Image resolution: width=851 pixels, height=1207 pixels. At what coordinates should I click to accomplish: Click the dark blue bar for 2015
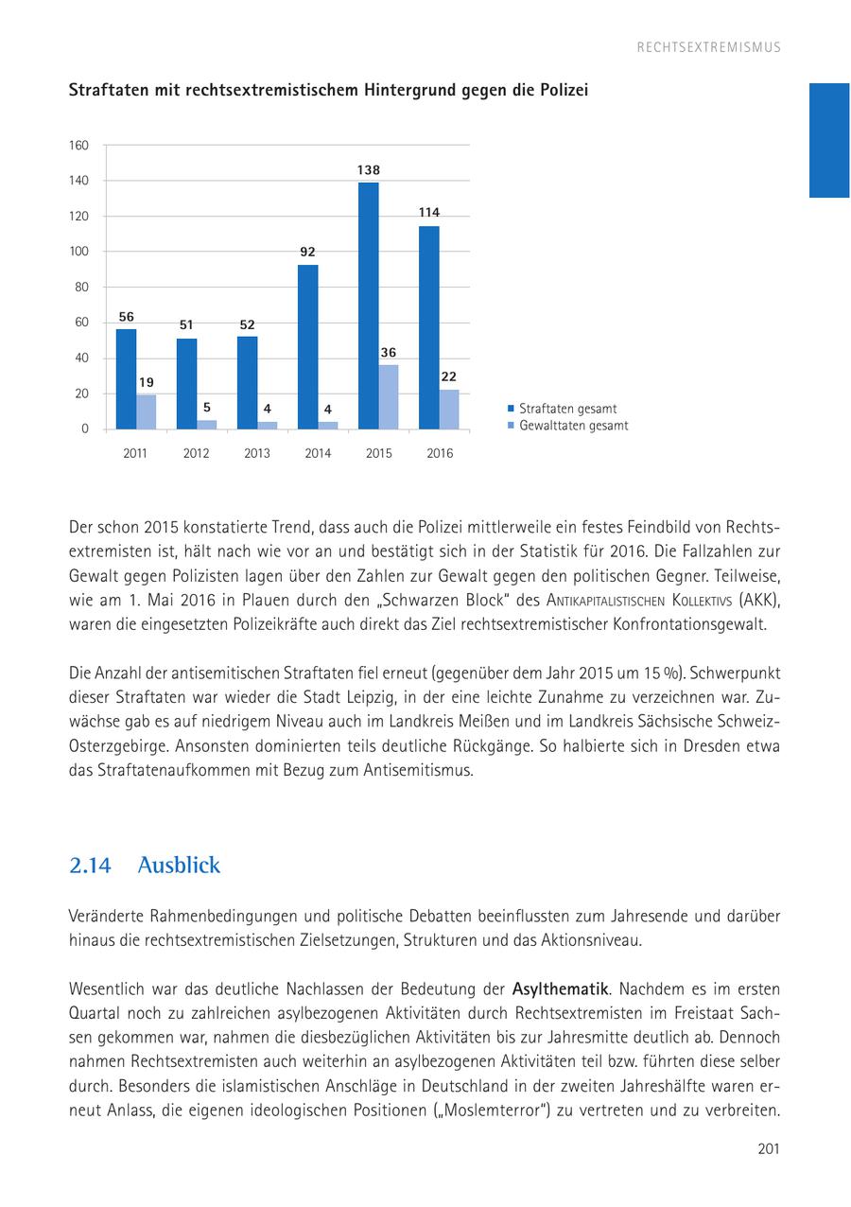click(x=368, y=305)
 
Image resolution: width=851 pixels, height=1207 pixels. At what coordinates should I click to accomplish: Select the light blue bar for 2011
click(x=146, y=411)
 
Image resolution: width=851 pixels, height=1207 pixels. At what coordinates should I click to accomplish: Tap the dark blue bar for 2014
click(x=307, y=346)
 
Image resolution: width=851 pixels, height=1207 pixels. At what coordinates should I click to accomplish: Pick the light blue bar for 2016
click(x=449, y=409)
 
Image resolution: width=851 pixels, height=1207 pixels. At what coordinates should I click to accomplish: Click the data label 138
click(x=369, y=170)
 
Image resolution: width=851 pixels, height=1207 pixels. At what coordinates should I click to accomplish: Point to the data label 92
click(x=308, y=253)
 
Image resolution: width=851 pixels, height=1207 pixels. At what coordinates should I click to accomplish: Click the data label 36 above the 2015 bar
click(x=388, y=353)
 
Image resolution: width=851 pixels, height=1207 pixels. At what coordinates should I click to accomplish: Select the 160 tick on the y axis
click(x=78, y=146)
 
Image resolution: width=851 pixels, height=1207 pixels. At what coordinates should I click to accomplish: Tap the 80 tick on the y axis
click(x=81, y=288)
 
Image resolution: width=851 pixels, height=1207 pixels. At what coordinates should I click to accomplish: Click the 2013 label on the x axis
click(x=256, y=454)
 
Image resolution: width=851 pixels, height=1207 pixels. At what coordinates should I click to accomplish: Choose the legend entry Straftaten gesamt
click(x=567, y=409)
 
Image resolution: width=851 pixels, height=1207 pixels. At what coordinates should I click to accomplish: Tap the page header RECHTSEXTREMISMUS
click(x=708, y=47)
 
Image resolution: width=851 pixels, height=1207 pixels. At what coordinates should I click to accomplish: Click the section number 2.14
click(x=90, y=866)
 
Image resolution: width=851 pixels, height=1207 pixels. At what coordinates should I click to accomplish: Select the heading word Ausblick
click(x=179, y=866)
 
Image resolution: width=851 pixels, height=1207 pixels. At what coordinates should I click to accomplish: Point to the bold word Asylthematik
click(x=560, y=989)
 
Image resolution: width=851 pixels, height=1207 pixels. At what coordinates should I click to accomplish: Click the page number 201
click(x=768, y=1149)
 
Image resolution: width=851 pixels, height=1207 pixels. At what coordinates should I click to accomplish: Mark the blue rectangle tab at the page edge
click(x=829, y=140)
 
